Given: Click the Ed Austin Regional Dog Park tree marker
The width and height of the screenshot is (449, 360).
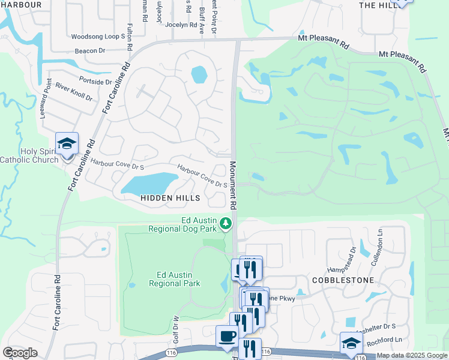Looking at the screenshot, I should click(x=226, y=224).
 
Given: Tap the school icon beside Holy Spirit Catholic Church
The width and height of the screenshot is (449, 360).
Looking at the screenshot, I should click(x=67, y=144).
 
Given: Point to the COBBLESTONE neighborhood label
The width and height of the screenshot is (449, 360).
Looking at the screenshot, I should click(x=343, y=280).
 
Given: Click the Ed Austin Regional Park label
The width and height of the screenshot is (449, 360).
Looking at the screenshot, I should click(x=174, y=279).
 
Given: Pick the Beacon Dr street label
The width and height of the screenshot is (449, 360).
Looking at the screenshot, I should click(x=90, y=51).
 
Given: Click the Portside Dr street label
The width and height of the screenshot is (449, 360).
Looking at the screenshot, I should click(x=95, y=81).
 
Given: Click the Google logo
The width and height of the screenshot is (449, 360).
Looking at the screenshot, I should click(x=20, y=353).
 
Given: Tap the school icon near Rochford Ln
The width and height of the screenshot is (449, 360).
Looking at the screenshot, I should click(x=351, y=343).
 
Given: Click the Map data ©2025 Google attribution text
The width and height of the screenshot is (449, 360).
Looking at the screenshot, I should click(x=411, y=355).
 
